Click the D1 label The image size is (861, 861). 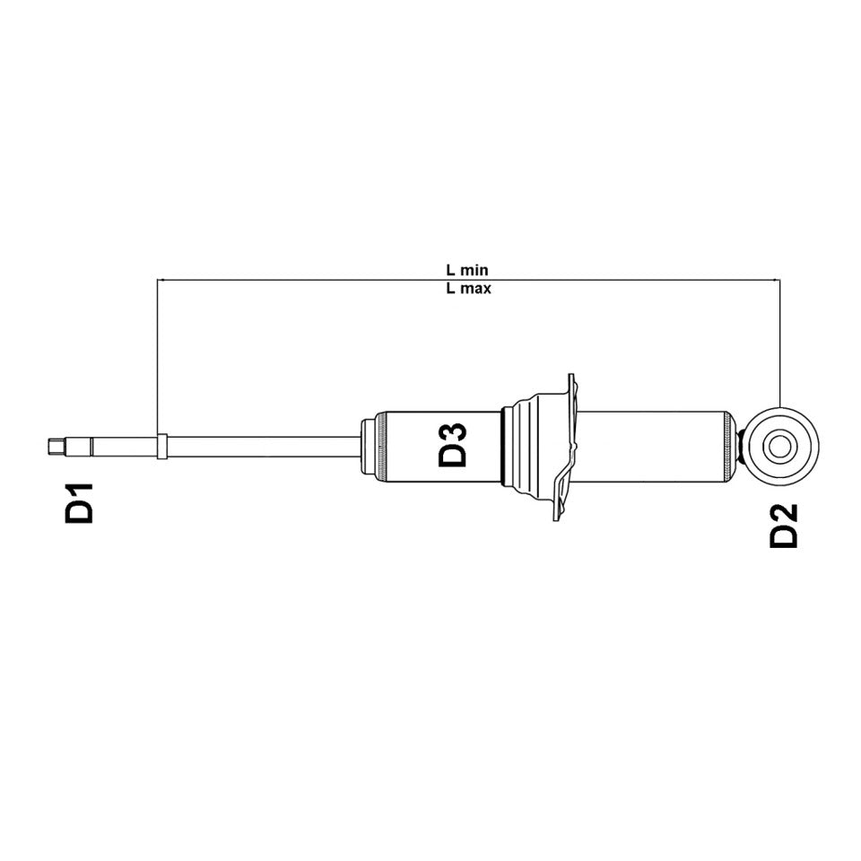(81, 503)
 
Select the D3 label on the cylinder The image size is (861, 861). (454, 444)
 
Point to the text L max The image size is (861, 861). (467, 289)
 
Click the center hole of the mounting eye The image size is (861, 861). (780, 445)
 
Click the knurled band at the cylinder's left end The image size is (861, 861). (381, 445)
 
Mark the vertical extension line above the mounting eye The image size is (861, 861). (780, 341)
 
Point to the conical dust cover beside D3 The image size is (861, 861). (529, 445)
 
